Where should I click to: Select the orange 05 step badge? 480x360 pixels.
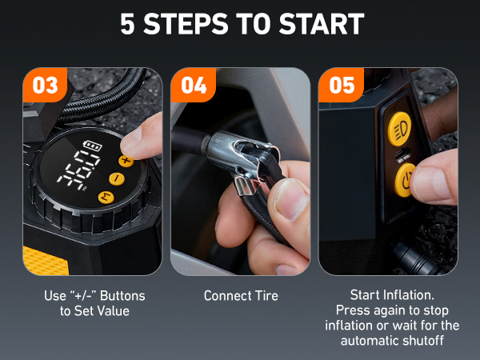[342, 86]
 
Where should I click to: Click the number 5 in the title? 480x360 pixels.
[128, 24]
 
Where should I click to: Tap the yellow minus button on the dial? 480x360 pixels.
[114, 178]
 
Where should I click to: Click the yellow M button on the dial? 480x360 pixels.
[103, 198]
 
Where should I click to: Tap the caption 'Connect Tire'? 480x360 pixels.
[241, 296]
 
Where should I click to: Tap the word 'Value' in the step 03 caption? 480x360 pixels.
[112, 310]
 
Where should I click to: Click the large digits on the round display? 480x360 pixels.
[83, 172]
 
